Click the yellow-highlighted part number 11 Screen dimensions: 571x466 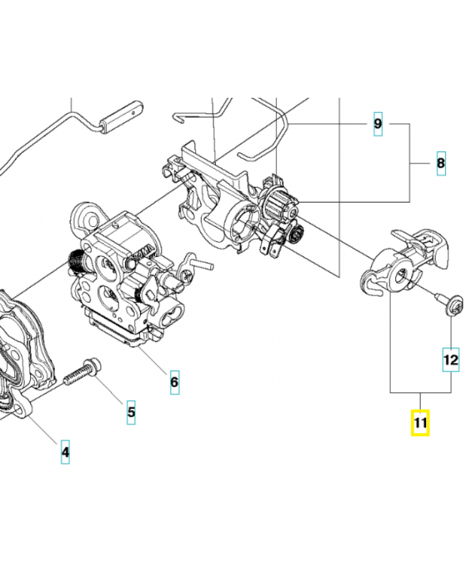pos(420,423)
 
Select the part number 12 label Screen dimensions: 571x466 pos(450,360)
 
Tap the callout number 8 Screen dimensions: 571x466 pos(440,163)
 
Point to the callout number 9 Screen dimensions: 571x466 pos(379,125)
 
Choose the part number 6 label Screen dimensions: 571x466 pos(174,382)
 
